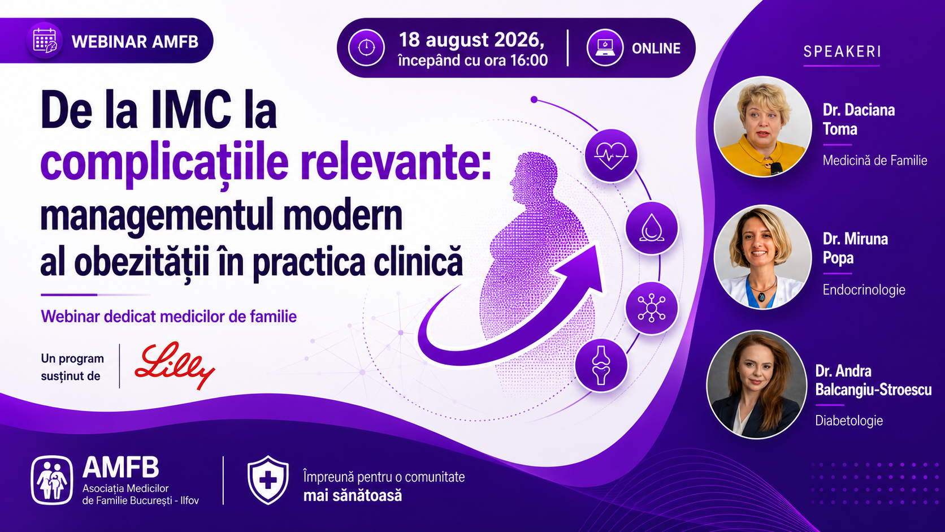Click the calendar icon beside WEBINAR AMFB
point(45,41)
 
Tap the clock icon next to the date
point(366,47)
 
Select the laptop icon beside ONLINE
point(605,47)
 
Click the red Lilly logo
point(175,365)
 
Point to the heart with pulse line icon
point(611,155)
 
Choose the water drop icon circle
point(652,228)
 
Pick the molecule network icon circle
point(652,308)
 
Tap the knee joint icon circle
point(601,365)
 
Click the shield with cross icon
point(268,479)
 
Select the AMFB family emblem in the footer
point(52,480)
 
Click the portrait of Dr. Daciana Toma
point(763,127)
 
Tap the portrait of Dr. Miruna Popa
point(763,257)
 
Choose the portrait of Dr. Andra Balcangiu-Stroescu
point(756,385)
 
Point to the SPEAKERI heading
point(842,51)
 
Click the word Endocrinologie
point(864,290)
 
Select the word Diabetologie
point(849,421)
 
